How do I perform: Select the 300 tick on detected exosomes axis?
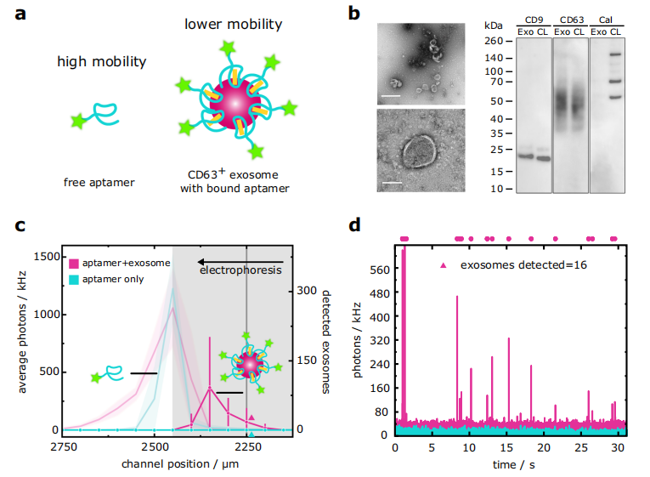pos(306,290)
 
